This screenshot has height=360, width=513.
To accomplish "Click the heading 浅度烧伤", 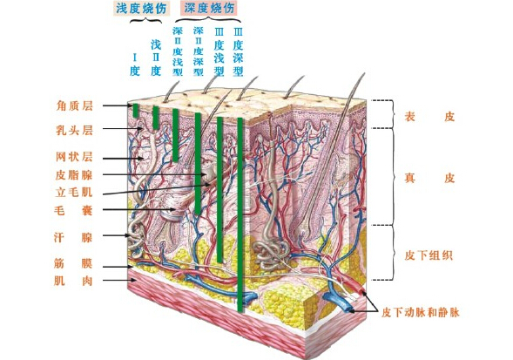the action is point(141,8).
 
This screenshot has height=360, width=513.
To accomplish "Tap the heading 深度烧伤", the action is point(209,8).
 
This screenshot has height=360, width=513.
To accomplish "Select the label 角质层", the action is point(74,105).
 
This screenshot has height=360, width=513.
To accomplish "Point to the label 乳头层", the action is point(74,131).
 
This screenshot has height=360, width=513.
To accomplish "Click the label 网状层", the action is point(74,157).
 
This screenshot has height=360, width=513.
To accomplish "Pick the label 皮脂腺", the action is point(74,175).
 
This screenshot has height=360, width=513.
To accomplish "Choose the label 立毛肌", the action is point(74,192).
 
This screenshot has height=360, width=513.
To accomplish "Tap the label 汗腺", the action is point(73,237).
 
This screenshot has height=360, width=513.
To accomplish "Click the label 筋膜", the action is point(73,263).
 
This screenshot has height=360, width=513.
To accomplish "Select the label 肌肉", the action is point(73,281).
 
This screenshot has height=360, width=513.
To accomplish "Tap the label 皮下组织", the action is point(429,255).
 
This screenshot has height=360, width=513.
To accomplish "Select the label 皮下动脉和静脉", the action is point(421,313).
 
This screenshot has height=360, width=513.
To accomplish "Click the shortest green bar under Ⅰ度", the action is point(136,111).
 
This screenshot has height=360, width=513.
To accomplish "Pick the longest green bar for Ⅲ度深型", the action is point(240,214).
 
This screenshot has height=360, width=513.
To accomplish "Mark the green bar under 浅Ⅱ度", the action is point(156,118).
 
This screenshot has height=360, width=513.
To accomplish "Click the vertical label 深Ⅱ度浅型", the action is point(178,51).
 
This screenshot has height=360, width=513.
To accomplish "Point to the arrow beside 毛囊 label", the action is point(139,209).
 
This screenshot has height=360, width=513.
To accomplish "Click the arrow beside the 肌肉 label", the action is point(119,280).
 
